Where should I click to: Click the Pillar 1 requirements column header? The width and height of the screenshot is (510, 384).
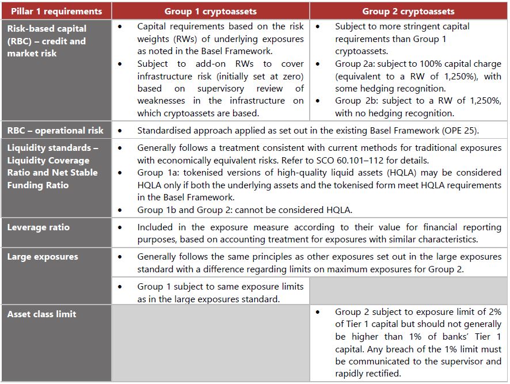point(55,11)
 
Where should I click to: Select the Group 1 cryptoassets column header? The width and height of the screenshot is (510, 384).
point(211,11)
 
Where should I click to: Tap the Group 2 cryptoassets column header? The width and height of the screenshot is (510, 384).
point(408,11)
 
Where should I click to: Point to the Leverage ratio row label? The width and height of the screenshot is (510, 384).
point(38,227)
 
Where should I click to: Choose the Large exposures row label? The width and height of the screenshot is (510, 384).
point(42,257)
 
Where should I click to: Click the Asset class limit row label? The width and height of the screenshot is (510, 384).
point(41,314)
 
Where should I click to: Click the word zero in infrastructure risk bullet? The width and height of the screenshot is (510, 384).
point(292,76)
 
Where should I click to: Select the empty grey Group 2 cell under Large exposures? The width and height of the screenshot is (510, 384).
point(408,291)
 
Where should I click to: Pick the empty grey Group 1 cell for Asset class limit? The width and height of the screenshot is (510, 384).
point(211,343)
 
